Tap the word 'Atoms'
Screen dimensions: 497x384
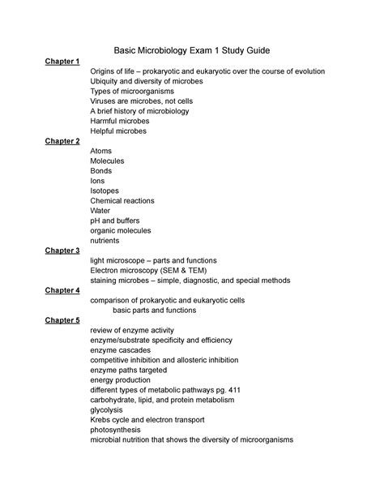coord(102,152)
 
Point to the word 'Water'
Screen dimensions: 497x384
coord(101,211)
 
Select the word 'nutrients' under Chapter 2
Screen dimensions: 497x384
coord(106,241)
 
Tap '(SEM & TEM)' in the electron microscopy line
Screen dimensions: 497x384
coord(203,271)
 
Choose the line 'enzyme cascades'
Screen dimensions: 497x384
coord(121,350)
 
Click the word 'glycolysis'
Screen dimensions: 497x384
coord(108,410)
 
